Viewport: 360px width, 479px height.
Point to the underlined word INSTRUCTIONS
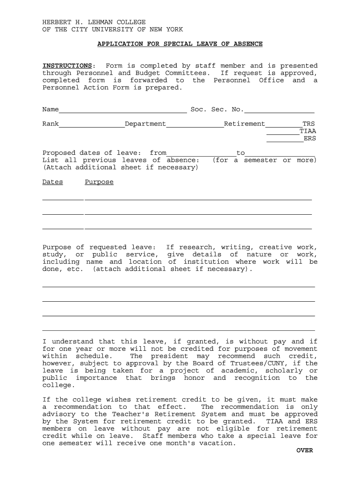pyautogui.click(x=67, y=66)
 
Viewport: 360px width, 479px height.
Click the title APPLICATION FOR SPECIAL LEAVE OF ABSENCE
pyautogui.click(x=180, y=44)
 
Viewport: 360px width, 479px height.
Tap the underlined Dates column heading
pyautogui.click(x=52, y=182)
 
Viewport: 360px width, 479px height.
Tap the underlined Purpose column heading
pyautogui.click(x=99, y=182)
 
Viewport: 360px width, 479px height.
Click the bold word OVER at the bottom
pyautogui.click(x=304, y=450)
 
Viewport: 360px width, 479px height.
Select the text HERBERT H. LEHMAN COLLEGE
pyautogui.click(x=94, y=22)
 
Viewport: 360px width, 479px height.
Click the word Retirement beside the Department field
pyautogui.click(x=245, y=124)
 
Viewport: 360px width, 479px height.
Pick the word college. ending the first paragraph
pyautogui.click(x=58, y=385)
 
